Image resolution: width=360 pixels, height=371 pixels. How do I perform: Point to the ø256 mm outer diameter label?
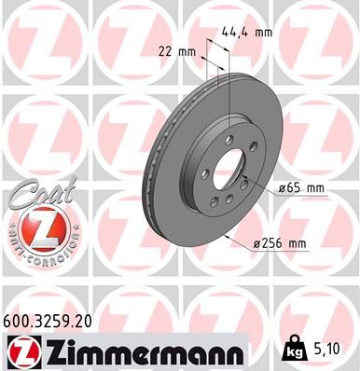(282, 243)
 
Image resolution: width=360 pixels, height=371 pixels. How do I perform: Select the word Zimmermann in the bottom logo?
(140, 350)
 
